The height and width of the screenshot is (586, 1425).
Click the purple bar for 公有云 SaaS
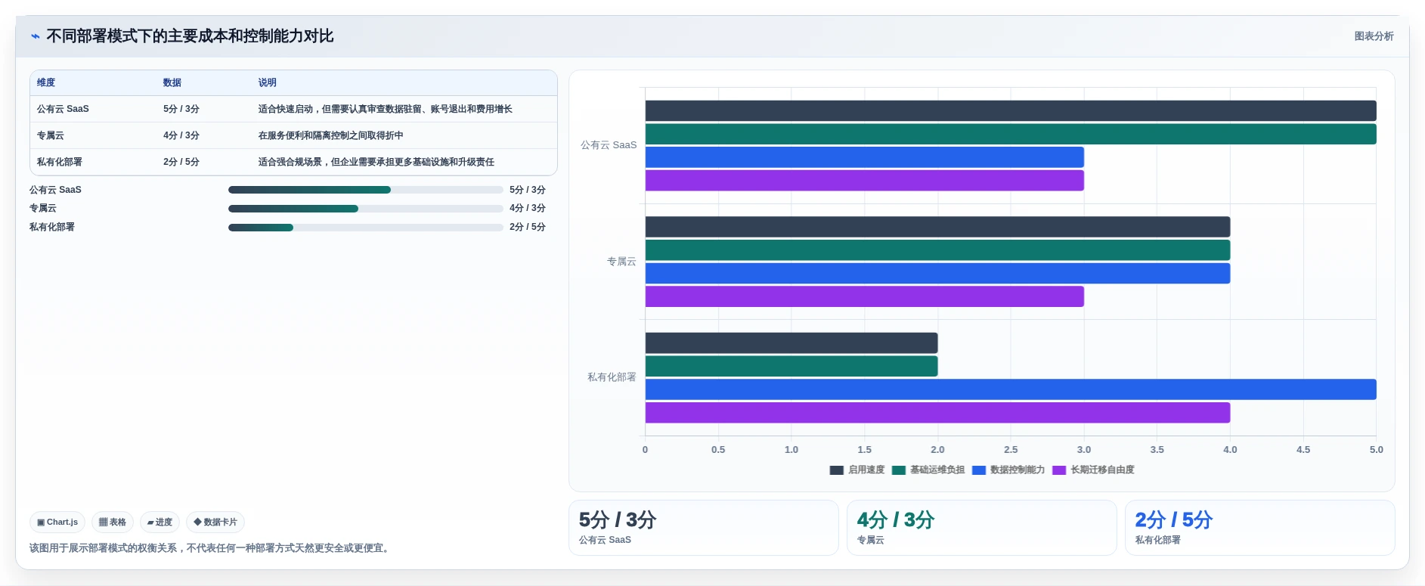click(x=864, y=181)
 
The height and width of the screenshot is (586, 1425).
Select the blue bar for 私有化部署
click(x=1011, y=389)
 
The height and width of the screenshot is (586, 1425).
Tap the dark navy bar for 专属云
click(x=937, y=227)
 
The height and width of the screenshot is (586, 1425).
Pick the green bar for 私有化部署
click(x=791, y=366)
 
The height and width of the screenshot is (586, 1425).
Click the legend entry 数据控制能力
click(x=1008, y=470)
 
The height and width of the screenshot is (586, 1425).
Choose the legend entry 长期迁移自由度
click(x=1093, y=470)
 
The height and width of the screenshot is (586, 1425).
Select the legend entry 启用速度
click(x=857, y=470)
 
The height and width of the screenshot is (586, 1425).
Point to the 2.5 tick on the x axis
click(x=1011, y=449)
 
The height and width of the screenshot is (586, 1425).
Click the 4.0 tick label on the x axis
click(x=1230, y=449)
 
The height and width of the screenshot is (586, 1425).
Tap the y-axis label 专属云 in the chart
click(x=621, y=262)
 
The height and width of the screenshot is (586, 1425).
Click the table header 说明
click(x=268, y=82)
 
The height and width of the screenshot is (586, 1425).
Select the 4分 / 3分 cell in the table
click(x=181, y=135)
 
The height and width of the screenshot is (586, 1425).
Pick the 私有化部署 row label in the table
click(x=60, y=162)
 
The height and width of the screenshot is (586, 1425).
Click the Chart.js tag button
click(x=57, y=522)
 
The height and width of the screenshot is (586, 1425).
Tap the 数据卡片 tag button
click(x=215, y=522)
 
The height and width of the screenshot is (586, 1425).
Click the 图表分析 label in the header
click(x=1374, y=36)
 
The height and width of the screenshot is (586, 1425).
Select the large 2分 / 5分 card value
click(x=1173, y=519)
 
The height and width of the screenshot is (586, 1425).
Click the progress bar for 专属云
click(x=366, y=209)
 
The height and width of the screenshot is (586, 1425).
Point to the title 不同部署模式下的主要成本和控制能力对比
click(x=190, y=36)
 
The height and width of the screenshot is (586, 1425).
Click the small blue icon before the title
click(x=36, y=36)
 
